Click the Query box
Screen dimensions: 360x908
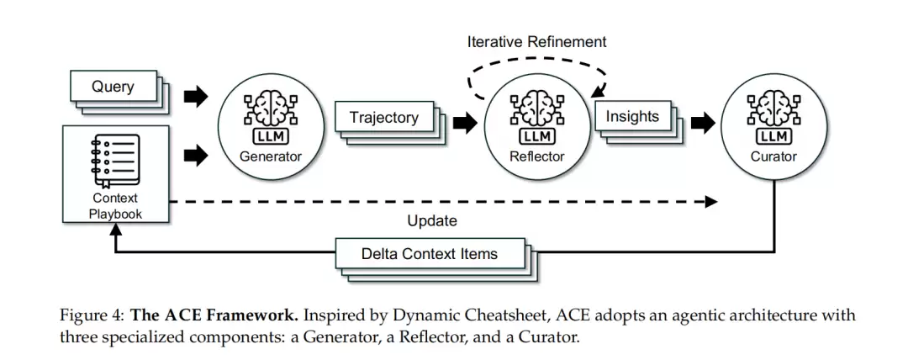(x=113, y=87)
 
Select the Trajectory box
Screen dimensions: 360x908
(x=383, y=118)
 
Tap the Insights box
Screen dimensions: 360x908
(x=632, y=117)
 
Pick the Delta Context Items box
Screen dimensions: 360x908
(x=429, y=253)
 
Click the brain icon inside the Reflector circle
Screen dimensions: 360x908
(x=536, y=109)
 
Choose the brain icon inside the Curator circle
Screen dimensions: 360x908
(x=773, y=109)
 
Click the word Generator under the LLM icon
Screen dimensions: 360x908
(x=270, y=156)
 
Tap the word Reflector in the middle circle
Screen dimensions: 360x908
(x=536, y=156)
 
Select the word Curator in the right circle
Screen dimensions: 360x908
(x=773, y=156)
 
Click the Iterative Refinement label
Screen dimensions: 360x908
(x=536, y=41)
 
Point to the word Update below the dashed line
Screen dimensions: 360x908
(x=432, y=221)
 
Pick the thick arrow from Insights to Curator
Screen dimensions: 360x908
(x=702, y=123)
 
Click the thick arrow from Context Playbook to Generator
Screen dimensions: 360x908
(x=195, y=154)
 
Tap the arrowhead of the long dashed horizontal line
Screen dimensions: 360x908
(x=712, y=202)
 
